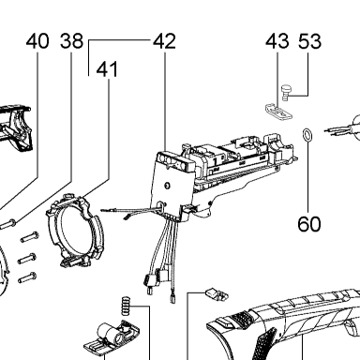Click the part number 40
coord(37,41)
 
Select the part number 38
coord(72,41)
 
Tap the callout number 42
coord(164,41)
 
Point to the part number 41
coord(107,69)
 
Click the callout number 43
coord(277,41)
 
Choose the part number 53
coord(309,41)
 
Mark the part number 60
coord(309,224)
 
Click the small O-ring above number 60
coord(307,135)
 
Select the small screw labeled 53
coord(286,93)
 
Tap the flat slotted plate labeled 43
coord(277,112)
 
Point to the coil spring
coord(126,306)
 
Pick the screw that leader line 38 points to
coord(8,224)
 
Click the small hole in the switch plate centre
coord(167,186)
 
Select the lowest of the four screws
coord(28,277)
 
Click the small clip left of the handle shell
coord(217,294)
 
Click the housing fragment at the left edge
coord(16,128)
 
